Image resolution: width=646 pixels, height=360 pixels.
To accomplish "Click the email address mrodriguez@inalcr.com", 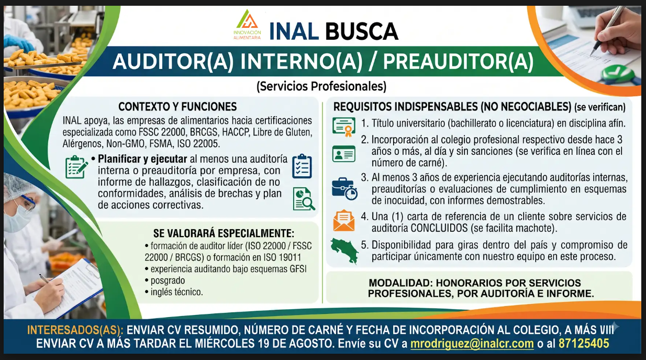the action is (x=472, y=344).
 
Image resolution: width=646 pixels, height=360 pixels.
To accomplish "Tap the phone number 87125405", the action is (x=584, y=343).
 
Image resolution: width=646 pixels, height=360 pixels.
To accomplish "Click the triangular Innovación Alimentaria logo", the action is (x=247, y=24).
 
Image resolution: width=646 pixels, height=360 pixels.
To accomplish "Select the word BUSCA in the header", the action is (x=362, y=31).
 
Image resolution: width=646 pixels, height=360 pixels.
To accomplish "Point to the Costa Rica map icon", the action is (x=344, y=251).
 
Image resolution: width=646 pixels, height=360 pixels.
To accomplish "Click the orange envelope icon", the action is (x=344, y=220).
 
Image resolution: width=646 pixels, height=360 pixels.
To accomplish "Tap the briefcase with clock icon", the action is (x=344, y=189).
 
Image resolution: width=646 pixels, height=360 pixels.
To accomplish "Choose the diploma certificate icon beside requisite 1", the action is (x=344, y=127).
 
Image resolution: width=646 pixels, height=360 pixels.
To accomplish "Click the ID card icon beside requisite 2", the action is (x=344, y=154).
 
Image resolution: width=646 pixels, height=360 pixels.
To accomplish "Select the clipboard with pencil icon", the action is (x=76, y=167).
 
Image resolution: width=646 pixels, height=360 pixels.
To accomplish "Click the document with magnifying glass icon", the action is (x=304, y=199).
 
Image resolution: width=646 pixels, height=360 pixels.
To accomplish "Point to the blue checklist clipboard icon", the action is (x=302, y=166).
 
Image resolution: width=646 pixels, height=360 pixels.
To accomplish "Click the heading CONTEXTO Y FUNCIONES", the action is (x=177, y=107).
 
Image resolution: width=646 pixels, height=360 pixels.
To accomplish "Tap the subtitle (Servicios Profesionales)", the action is (x=321, y=86).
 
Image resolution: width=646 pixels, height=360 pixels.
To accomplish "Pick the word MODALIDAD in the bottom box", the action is (x=400, y=283).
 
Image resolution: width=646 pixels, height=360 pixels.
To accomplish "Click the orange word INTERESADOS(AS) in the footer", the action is (x=75, y=330).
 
